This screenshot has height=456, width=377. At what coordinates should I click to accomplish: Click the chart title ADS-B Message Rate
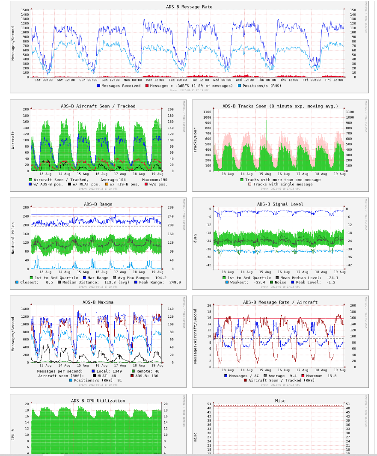click(189, 7)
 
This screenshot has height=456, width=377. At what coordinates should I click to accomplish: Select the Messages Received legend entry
click(119, 86)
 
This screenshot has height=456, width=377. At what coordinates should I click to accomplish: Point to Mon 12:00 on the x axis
click(155, 80)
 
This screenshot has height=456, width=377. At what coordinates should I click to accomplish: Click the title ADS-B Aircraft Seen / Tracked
click(98, 106)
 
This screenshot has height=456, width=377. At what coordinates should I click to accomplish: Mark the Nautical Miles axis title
click(14, 238)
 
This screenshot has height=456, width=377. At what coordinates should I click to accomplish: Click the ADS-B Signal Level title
click(280, 204)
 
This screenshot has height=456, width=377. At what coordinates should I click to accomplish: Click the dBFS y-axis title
click(195, 238)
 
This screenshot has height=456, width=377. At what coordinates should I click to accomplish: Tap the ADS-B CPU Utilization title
click(98, 401)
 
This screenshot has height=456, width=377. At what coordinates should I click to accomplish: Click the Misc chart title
click(280, 401)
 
